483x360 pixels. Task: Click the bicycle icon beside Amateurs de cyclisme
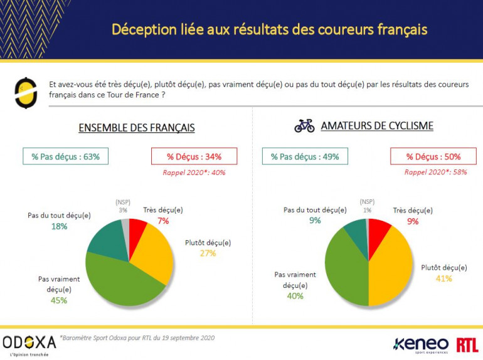click(304, 125)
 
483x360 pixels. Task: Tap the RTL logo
click(467, 344)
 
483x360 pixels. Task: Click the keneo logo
click(420, 344)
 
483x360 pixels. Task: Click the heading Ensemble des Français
click(136, 128)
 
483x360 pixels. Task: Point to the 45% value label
click(59, 300)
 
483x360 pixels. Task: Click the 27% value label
click(208, 253)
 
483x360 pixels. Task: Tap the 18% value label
click(59, 226)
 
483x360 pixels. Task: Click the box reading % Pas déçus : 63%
click(66, 156)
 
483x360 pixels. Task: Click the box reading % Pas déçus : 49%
click(305, 156)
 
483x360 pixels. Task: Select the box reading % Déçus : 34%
click(194, 156)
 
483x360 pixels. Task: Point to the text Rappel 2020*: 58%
click(435, 171)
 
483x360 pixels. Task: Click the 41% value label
click(443, 278)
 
